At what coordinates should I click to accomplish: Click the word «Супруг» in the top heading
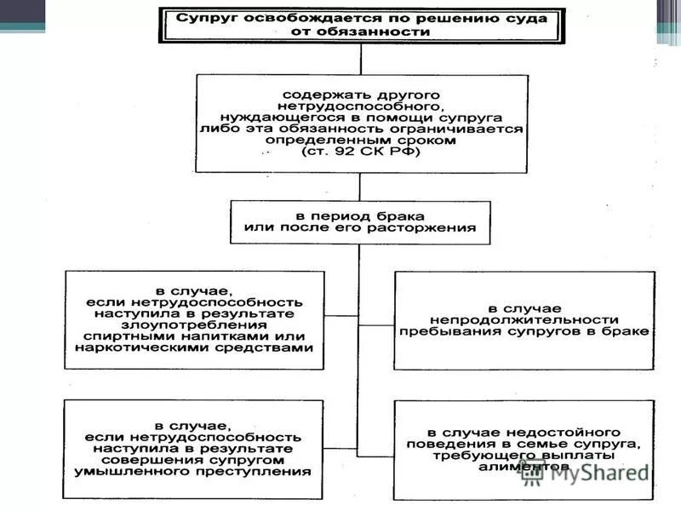coord(202,17)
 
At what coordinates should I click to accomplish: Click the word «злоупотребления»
coord(194,324)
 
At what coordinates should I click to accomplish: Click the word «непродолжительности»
coord(524,319)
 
